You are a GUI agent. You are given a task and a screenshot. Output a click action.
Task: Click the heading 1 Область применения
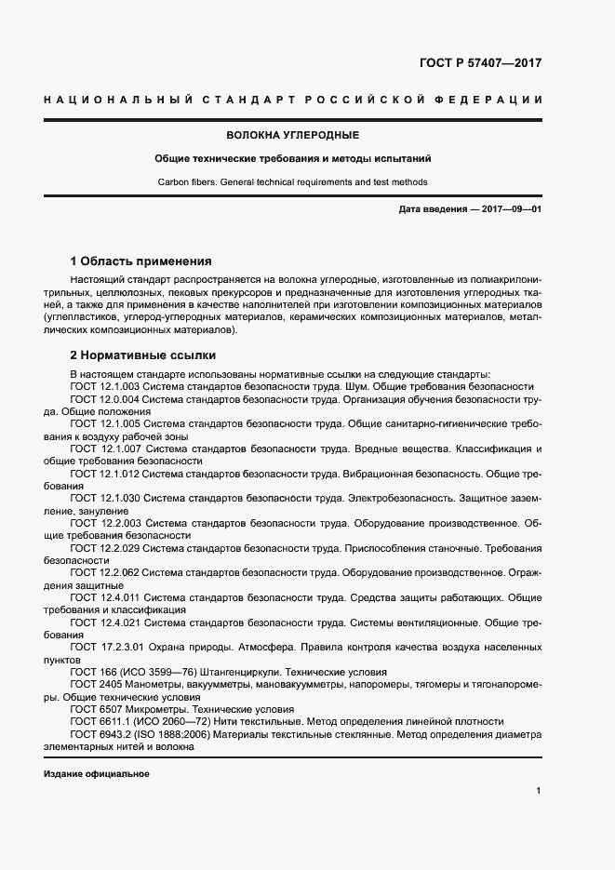coord(142,261)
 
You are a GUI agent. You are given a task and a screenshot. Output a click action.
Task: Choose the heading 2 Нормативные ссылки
coord(143,355)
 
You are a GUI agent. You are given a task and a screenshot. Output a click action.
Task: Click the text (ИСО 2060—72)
coord(166,721)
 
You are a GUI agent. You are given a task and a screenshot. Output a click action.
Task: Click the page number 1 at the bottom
coord(539,791)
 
